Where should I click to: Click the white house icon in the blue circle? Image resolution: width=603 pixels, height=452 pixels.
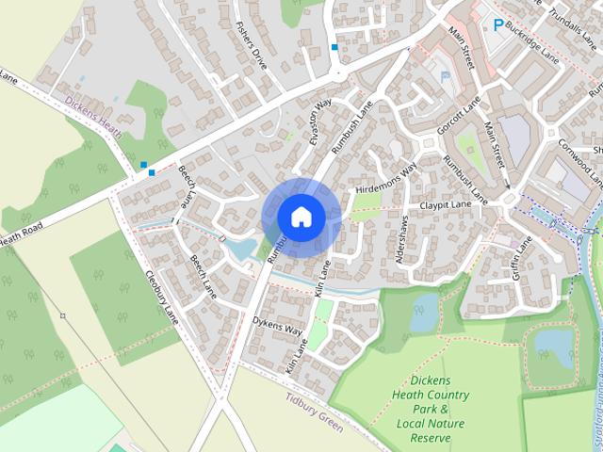click(301, 217)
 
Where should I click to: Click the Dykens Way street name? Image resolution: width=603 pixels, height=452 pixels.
click(277, 331)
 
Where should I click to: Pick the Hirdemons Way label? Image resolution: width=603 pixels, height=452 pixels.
click(385, 180)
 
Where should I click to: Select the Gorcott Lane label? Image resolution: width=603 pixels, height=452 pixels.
click(459, 115)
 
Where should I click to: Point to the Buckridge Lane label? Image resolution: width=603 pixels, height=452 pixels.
click(532, 40)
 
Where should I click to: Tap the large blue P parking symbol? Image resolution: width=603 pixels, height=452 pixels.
click(497, 24)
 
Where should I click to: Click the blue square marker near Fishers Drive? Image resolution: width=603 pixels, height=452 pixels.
click(334, 46)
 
